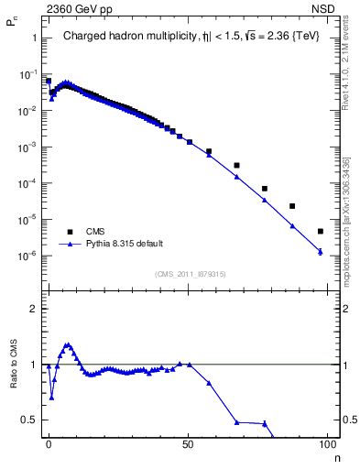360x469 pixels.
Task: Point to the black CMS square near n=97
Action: point(320,232)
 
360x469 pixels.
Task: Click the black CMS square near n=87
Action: point(292,206)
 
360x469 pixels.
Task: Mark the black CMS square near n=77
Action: point(264,189)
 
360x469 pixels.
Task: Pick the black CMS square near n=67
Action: point(236,166)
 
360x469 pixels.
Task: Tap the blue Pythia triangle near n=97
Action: point(320,251)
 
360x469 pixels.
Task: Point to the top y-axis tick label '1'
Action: point(34,38)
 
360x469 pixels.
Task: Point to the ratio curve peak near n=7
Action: point(67,344)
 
